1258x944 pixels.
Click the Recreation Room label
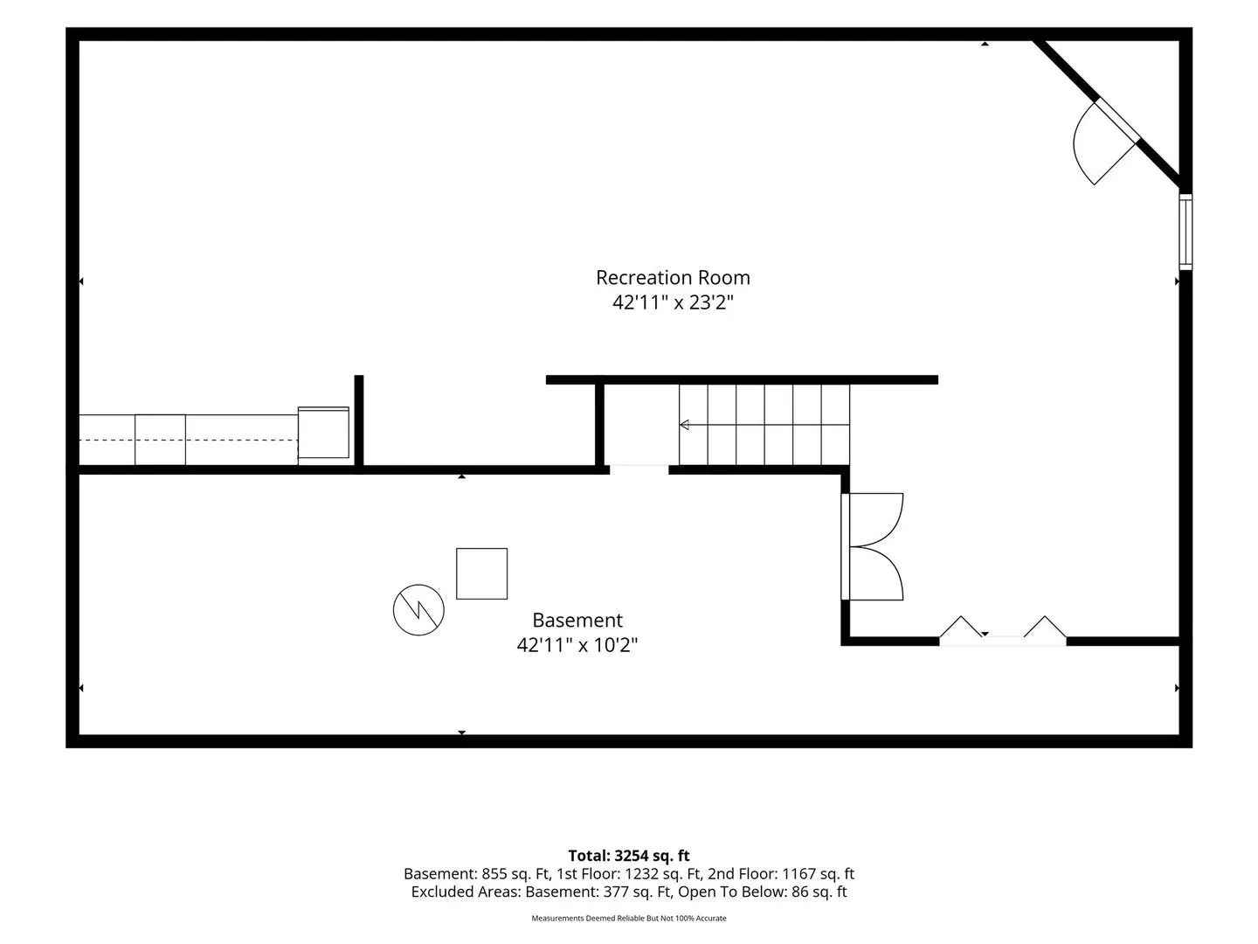point(673,277)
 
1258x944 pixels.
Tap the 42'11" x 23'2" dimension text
point(673,302)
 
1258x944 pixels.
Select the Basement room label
point(577,621)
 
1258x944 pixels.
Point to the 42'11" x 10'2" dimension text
point(577,645)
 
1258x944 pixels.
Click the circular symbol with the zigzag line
point(418,610)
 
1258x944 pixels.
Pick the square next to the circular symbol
point(481,573)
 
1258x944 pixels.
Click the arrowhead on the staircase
point(684,425)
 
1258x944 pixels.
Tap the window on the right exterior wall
point(1185,232)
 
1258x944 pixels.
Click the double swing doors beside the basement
point(872,546)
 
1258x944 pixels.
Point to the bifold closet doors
point(1002,629)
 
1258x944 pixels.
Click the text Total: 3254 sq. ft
point(629,856)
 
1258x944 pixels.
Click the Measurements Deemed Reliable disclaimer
point(629,918)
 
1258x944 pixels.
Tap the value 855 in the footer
point(494,873)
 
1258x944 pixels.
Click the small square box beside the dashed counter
point(323,433)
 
